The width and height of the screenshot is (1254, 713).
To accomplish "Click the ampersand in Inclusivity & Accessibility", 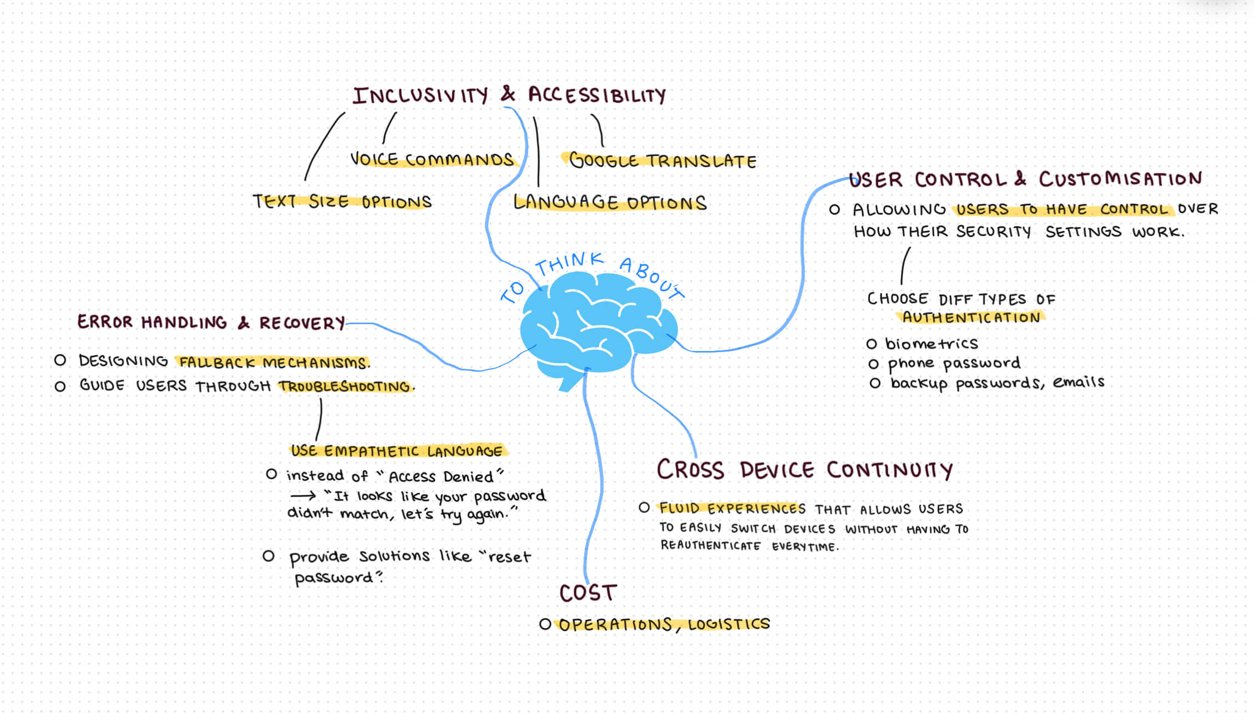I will [507, 94].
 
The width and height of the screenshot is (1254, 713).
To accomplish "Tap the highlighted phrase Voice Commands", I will [432, 159].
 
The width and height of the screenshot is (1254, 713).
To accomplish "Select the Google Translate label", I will [663, 160].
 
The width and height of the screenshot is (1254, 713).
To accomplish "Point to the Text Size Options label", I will [342, 201].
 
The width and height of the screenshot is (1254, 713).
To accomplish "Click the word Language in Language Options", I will [565, 202].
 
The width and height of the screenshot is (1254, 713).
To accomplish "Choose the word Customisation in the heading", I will [1120, 179].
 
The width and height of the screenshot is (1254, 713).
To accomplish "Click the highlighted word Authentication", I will [970, 318].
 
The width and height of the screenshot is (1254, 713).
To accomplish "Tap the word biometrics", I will [931, 344].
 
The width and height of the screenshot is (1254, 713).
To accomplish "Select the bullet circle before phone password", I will [873, 364].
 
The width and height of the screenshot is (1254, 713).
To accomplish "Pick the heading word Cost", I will [588, 593].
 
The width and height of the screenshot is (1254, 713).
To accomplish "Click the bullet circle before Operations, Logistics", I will [545, 624].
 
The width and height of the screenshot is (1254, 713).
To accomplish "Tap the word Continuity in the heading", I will [889, 470].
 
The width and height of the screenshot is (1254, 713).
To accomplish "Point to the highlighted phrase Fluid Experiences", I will [732, 508].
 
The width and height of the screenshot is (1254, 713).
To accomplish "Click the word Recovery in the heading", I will [302, 323].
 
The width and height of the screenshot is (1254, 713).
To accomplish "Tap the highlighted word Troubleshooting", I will [345, 386].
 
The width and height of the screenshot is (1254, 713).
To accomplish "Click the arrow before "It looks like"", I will [302, 496].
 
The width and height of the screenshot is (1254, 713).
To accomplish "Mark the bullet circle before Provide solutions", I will [269, 556].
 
